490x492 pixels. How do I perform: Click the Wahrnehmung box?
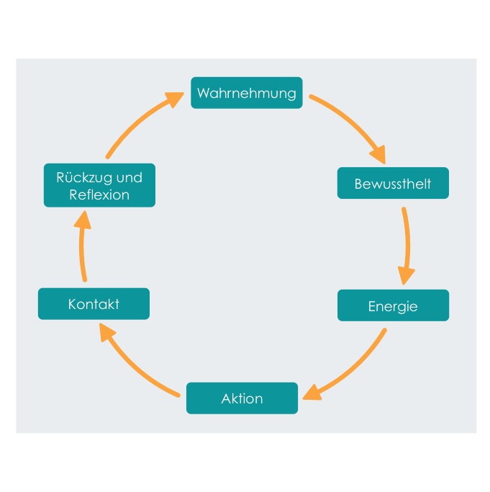tap(246, 93)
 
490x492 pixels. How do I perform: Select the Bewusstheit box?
tap(393, 183)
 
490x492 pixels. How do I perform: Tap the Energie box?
tap(393, 305)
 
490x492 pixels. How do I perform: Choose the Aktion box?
tap(242, 398)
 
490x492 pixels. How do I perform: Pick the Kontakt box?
tap(94, 304)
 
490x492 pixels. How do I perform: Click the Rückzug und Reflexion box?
tap(99, 185)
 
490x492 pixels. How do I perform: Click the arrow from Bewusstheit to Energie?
tap(407, 245)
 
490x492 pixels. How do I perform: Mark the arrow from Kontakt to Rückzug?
tap(81, 248)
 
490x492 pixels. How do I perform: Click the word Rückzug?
tap(84, 178)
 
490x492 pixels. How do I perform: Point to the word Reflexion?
tap(99, 194)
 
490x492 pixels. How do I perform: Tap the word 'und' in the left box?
tap(130, 178)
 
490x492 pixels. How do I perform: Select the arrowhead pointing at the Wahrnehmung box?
tap(175, 99)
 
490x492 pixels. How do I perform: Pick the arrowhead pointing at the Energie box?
tap(406, 275)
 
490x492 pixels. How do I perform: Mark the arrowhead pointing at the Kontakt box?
tap(106, 332)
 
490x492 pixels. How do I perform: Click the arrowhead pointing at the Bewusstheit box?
tap(378, 154)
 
